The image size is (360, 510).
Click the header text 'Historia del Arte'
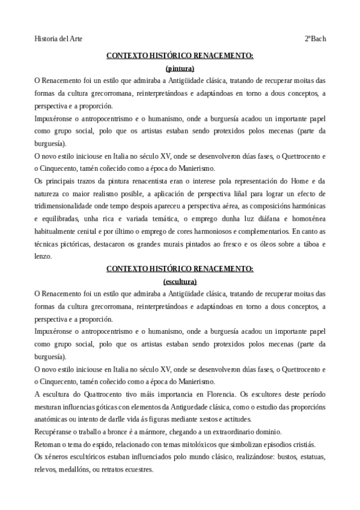(58, 39)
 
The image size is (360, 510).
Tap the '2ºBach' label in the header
(315, 39)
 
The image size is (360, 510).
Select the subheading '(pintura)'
(180, 68)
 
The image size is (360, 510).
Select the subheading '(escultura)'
(180, 280)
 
